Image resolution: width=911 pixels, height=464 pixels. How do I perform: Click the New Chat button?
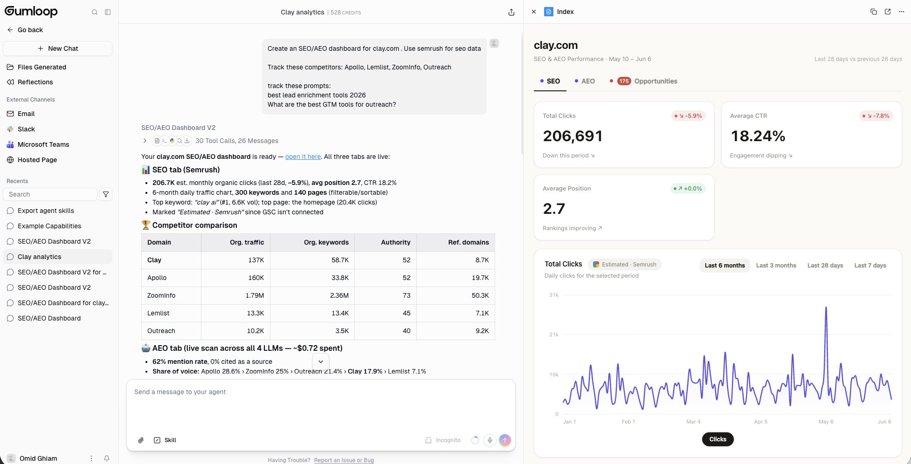(57, 48)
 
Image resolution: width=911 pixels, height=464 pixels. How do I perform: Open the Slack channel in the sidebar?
(26, 129)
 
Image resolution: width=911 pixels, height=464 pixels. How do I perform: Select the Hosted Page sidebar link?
(37, 160)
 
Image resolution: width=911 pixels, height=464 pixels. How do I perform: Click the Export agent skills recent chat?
(46, 211)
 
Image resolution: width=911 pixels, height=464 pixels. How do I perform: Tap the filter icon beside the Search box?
(106, 194)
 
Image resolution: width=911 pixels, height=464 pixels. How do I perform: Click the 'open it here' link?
(303, 157)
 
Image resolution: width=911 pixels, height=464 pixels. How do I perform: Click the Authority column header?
(396, 242)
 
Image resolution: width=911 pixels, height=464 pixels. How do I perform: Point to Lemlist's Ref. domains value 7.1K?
(482, 313)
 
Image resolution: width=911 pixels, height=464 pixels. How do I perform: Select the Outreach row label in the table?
(161, 331)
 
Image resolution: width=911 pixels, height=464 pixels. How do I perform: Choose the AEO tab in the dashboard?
(585, 81)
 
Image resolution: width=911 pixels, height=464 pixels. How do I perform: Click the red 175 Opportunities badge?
(624, 81)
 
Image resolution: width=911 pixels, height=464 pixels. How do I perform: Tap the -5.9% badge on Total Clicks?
(689, 116)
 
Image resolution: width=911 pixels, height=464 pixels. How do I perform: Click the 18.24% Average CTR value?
(758, 136)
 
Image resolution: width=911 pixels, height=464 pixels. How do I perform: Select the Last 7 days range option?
(870, 266)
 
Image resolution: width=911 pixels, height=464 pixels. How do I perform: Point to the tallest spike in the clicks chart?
(826, 307)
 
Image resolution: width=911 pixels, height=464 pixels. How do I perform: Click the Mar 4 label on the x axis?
(693, 422)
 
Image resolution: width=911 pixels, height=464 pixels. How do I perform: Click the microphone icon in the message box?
(490, 440)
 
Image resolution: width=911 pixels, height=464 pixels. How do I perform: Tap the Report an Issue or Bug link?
(344, 460)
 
